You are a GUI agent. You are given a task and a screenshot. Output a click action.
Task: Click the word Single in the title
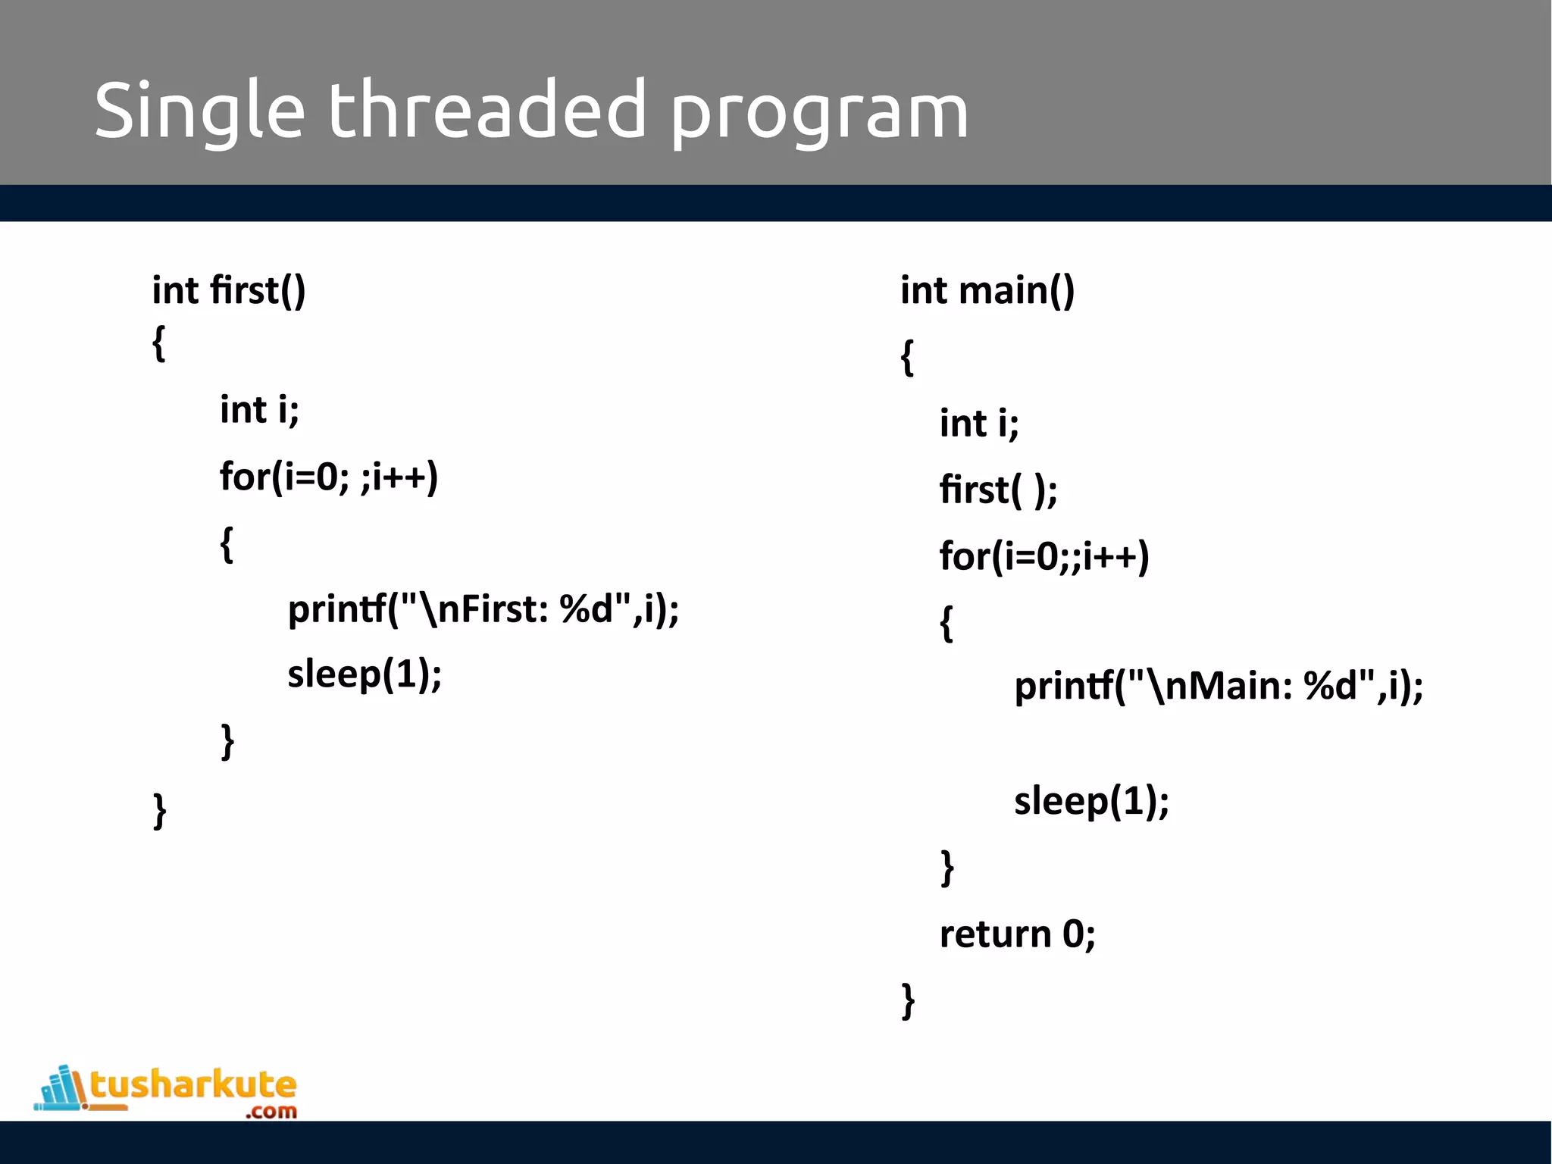tap(199, 111)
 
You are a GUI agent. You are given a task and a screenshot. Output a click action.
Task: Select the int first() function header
tap(229, 291)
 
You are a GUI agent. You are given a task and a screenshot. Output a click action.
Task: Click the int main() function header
tap(987, 291)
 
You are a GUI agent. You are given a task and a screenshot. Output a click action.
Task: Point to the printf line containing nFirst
tap(483, 609)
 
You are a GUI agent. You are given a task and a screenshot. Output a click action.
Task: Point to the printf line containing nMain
tap(1219, 687)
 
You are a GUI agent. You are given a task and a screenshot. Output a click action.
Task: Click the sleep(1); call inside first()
tap(365, 674)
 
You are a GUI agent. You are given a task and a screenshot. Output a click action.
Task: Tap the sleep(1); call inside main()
tap(1091, 802)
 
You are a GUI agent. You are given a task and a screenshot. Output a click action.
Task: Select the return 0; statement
tap(1017, 934)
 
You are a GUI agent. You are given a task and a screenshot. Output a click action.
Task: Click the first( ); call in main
tap(998, 490)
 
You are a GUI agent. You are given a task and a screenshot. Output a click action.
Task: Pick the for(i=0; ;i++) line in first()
tap(329, 477)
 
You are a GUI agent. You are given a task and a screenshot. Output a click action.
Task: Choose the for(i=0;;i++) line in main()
tap(1044, 556)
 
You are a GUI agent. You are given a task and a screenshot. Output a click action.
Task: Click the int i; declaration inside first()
tap(259, 411)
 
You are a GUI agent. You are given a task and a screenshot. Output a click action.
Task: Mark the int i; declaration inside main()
tap(979, 424)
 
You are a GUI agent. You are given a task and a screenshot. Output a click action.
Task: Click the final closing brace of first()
tap(160, 811)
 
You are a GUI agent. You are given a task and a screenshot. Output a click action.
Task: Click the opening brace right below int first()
tap(158, 344)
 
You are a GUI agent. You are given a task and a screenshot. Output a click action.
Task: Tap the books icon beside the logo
tap(61, 1090)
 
